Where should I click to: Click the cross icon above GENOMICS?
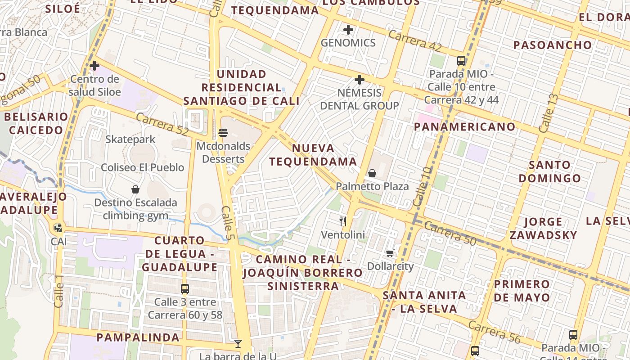click(x=348, y=30)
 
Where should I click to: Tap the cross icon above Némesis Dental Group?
click(x=359, y=80)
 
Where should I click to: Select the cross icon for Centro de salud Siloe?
click(x=94, y=66)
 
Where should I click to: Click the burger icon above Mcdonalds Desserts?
click(x=223, y=133)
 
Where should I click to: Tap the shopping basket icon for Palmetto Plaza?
click(x=372, y=173)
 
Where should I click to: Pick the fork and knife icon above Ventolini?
click(x=343, y=221)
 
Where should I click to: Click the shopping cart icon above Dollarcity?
click(x=390, y=253)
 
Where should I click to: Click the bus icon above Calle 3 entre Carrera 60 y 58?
click(x=184, y=289)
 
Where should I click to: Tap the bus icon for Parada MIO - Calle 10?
click(x=461, y=61)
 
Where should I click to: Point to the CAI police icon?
click(x=58, y=228)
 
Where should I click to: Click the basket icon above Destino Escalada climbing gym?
click(x=135, y=189)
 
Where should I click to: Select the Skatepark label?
click(x=130, y=139)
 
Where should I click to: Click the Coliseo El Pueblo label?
click(x=142, y=167)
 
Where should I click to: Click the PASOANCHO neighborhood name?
click(x=553, y=45)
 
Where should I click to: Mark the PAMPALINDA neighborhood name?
click(x=138, y=337)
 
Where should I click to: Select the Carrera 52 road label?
click(x=162, y=126)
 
